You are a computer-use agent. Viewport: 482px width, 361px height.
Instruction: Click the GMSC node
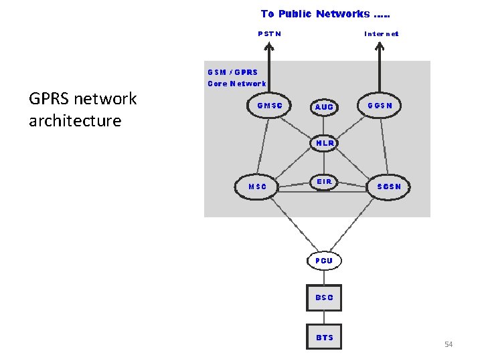click(x=270, y=106)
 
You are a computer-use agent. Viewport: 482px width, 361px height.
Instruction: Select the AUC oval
click(x=324, y=107)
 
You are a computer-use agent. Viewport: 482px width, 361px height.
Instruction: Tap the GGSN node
click(x=380, y=106)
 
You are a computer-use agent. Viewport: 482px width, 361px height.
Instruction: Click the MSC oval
click(x=258, y=187)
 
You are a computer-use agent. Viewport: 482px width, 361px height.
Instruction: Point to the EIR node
click(x=324, y=182)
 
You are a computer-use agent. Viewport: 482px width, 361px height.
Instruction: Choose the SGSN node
click(x=389, y=187)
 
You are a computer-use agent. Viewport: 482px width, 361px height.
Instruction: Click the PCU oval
click(x=324, y=260)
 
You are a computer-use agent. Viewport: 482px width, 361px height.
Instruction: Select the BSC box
click(x=324, y=297)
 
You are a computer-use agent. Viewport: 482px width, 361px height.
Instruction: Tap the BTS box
click(x=324, y=338)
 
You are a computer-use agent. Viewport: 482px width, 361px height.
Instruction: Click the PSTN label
click(x=270, y=33)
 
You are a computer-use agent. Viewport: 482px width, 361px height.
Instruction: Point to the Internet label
click(x=381, y=33)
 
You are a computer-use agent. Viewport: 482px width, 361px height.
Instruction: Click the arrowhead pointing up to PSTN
click(x=269, y=47)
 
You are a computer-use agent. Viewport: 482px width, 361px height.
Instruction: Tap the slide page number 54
click(x=449, y=344)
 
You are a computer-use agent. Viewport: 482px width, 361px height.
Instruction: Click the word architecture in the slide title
click(x=75, y=121)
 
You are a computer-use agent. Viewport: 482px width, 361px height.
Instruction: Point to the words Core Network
click(x=237, y=84)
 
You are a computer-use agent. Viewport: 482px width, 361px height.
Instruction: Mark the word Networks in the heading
click(x=343, y=14)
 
